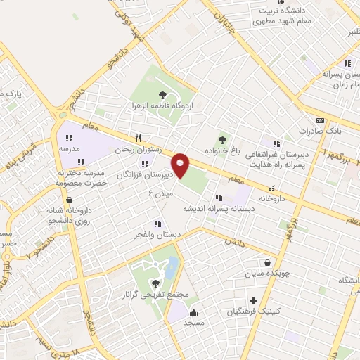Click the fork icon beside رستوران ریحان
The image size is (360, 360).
139,138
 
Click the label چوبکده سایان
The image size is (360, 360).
266,273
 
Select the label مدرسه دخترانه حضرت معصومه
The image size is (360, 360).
80,178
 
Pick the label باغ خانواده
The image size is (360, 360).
223,150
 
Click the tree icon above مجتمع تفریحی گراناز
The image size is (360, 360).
155,284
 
